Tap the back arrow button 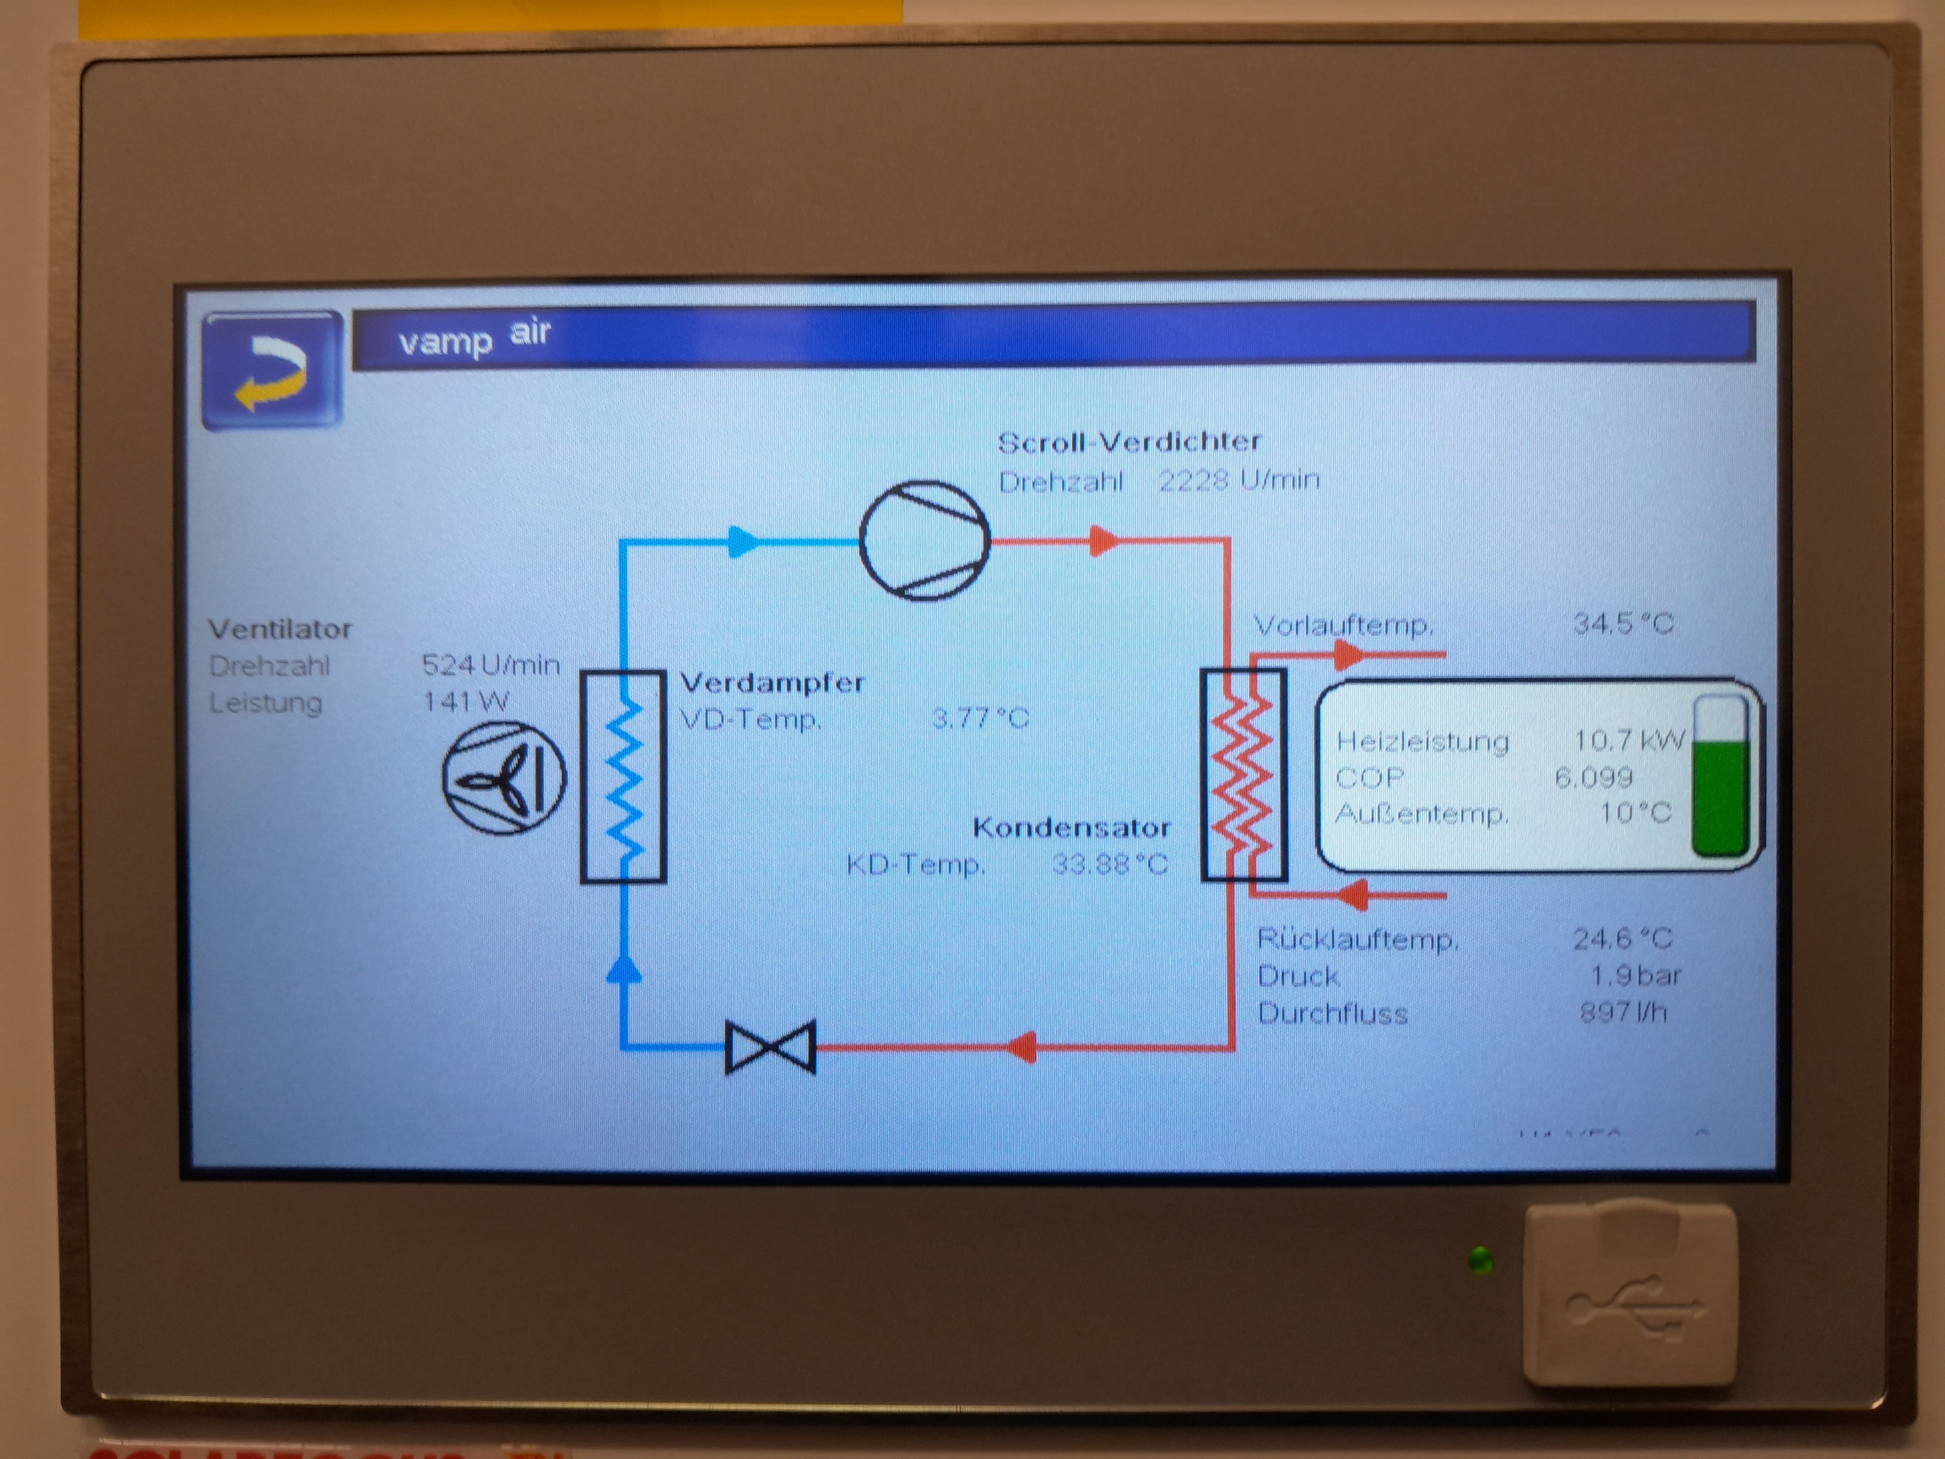pos(272,370)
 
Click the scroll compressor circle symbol pos(924,540)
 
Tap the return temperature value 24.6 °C pos(1622,938)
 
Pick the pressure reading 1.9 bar pos(1636,975)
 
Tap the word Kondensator pos(1071,827)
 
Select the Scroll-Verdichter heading pos(1129,442)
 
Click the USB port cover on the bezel pos(1629,1293)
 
